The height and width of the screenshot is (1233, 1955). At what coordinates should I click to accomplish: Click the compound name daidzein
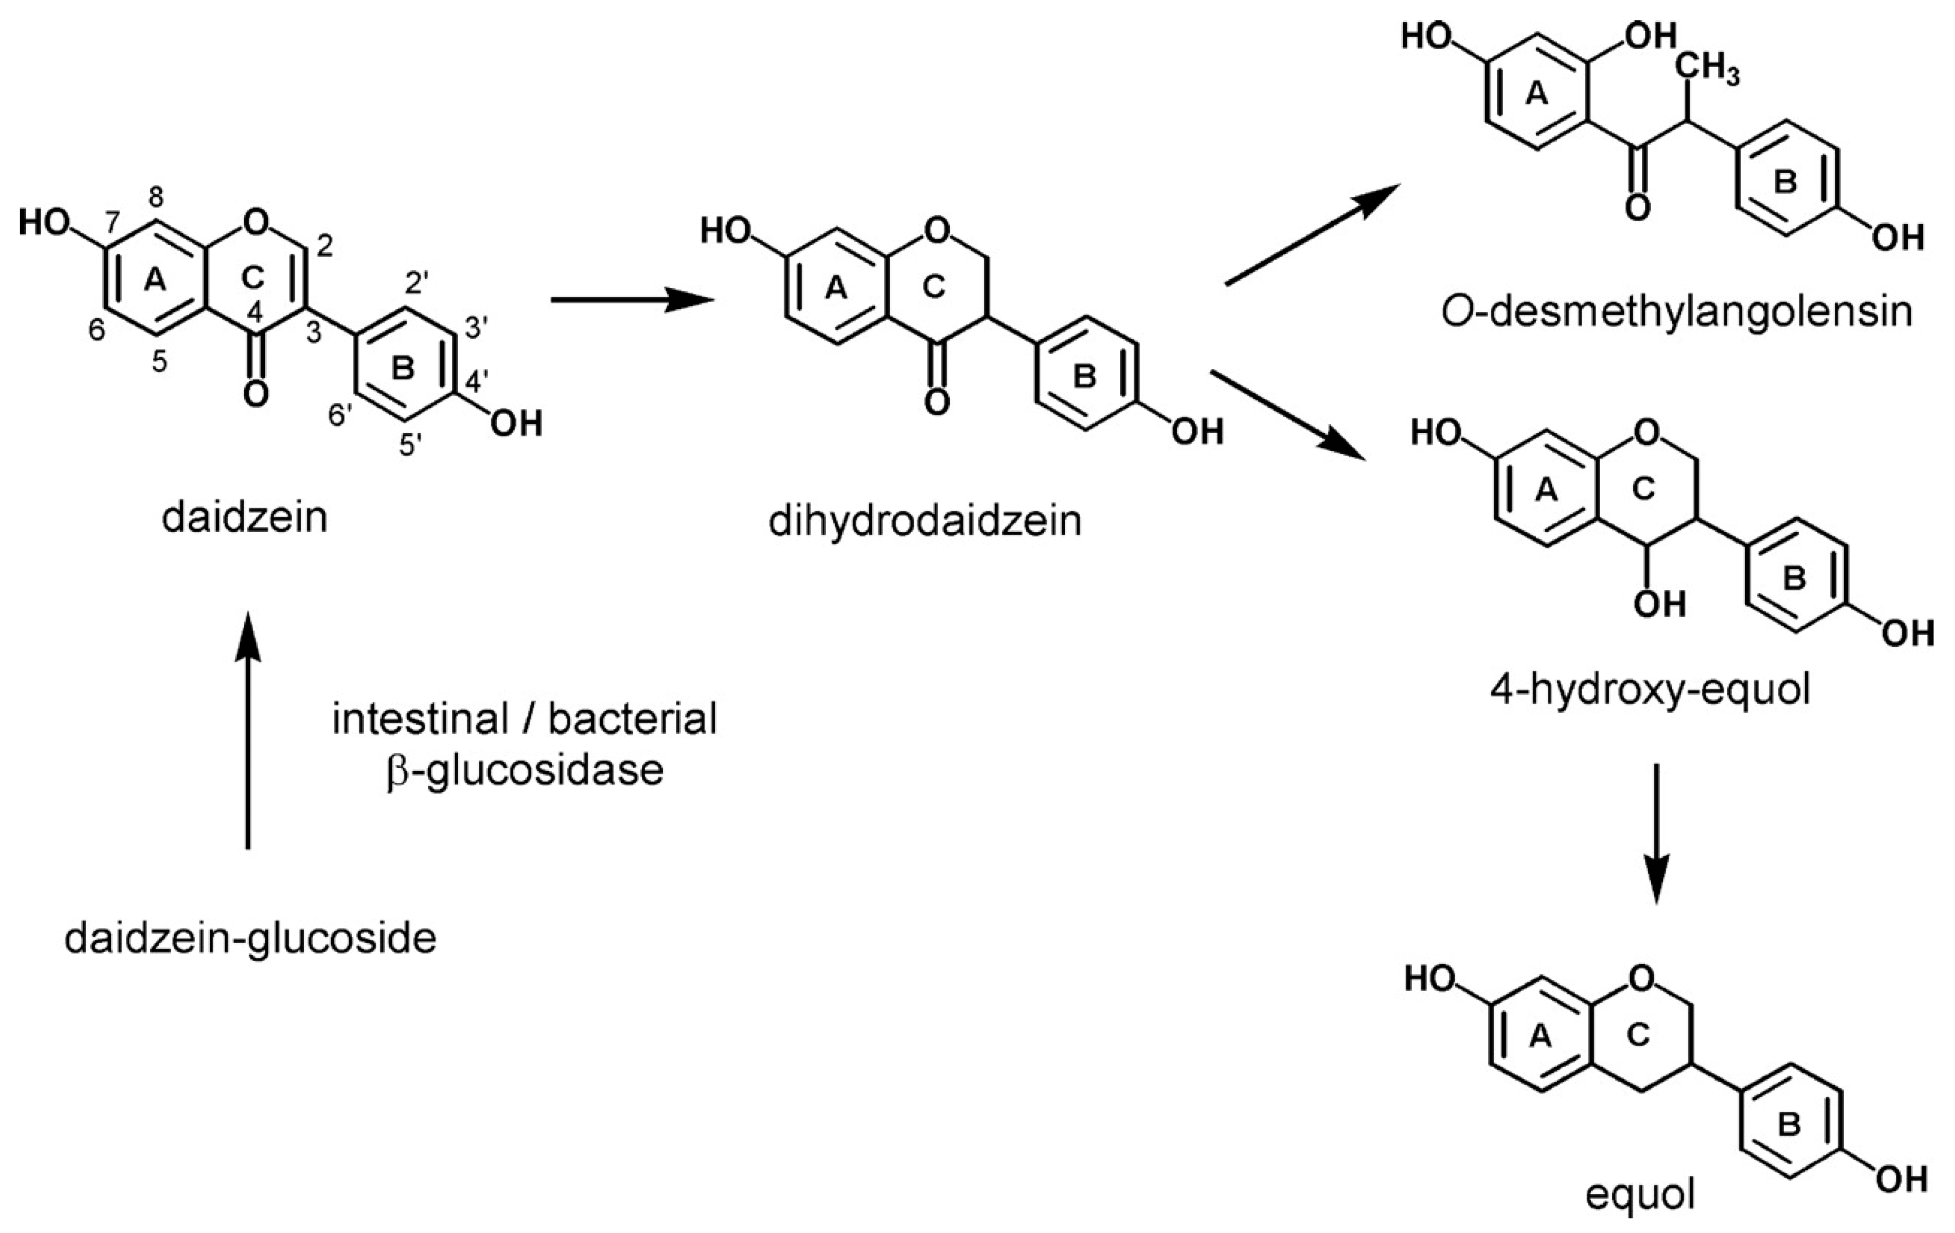[244, 518]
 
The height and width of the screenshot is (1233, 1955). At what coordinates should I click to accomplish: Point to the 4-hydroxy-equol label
[1649, 692]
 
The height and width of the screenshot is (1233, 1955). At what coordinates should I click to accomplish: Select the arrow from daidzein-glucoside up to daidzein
[248, 730]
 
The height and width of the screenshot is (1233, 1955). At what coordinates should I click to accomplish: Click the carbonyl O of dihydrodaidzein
[937, 402]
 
